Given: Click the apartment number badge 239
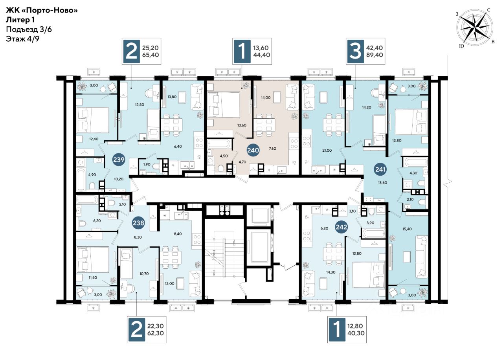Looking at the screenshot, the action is (119, 160).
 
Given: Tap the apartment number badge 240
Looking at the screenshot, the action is (253, 150).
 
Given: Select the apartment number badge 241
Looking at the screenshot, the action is (380, 169).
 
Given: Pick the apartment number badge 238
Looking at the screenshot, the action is (138, 223).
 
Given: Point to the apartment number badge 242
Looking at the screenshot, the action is (341, 227).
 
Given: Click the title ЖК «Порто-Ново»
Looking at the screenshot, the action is (42, 10).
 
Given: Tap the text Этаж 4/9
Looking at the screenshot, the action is (22, 39).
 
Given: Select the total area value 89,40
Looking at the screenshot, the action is (374, 55).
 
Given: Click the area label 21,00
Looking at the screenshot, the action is (327, 151).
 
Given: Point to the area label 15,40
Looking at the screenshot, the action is (407, 229).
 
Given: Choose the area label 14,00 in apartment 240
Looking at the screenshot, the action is (266, 98).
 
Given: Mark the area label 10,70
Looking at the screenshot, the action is (144, 274).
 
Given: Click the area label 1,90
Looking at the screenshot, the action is (147, 164).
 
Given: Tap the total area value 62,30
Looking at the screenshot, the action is (155, 333).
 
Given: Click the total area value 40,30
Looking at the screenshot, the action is (356, 333).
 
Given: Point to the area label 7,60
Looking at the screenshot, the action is (272, 149).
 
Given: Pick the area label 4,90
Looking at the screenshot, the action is (92, 174).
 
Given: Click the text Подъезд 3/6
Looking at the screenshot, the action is (29, 29).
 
